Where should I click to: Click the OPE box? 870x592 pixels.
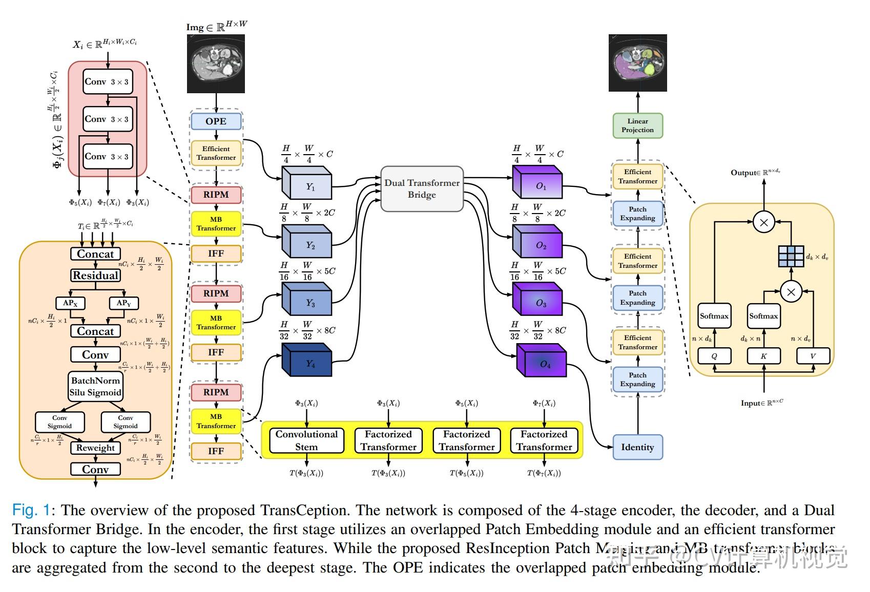(x=216, y=121)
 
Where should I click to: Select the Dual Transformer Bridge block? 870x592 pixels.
(x=422, y=188)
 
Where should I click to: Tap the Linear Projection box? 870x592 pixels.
(x=637, y=125)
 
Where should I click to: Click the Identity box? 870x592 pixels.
(x=637, y=447)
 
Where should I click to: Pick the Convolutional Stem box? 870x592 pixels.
(x=306, y=440)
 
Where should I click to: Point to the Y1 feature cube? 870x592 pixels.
(x=307, y=185)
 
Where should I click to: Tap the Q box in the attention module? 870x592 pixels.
(x=714, y=356)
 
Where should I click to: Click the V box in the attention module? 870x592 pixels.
(x=813, y=356)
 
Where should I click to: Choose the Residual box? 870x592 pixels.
(x=95, y=276)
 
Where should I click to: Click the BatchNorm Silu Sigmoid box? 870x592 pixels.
(x=95, y=387)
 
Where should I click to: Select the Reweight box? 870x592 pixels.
(x=95, y=448)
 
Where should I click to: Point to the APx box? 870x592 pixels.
(x=70, y=303)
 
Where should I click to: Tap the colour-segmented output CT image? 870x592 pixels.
(x=637, y=63)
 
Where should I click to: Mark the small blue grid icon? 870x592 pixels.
(x=791, y=256)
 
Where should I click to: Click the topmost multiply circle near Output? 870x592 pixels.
(x=763, y=222)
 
